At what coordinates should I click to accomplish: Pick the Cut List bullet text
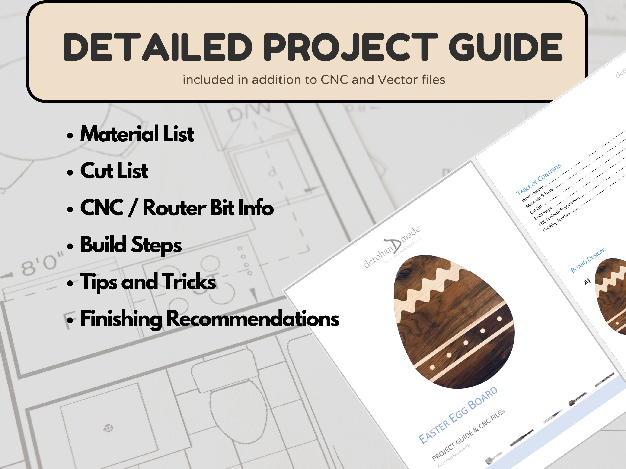pyautogui.click(x=114, y=171)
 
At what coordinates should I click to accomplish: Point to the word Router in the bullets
pyautogui.click(x=174, y=208)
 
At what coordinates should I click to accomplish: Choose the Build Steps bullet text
pyautogui.click(x=131, y=245)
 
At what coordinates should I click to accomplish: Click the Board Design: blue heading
pyautogui.click(x=588, y=260)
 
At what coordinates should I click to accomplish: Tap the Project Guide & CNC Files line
pyautogui.click(x=468, y=435)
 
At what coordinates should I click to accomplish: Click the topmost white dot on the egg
pyautogui.click(x=499, y=319)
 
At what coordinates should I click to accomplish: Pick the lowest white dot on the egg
pyautogui.click(x=432, y=367)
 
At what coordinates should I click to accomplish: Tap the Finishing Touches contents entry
pyautogui.click(x=556, y=222)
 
